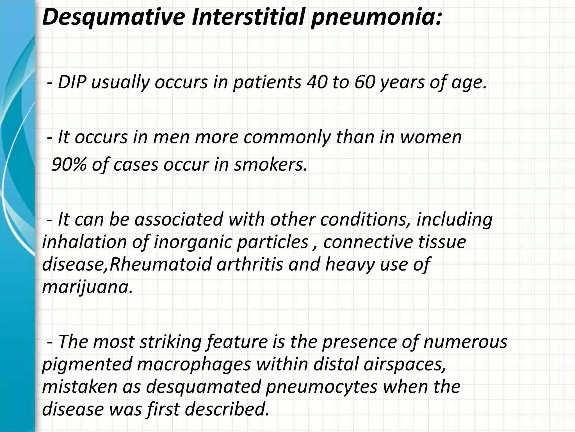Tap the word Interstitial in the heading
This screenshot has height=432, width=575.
pyautogui.click(x=247, y=16)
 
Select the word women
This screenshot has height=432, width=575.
pyautogui.click(x=431, y=137)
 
